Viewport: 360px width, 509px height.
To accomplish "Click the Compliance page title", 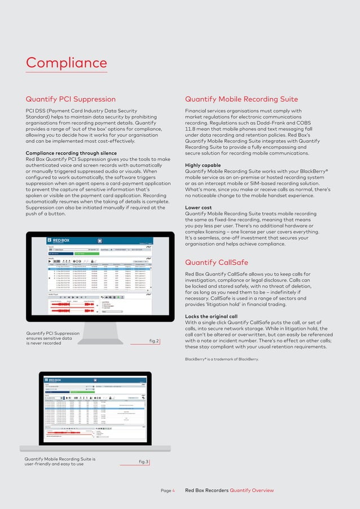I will tap(66, 63).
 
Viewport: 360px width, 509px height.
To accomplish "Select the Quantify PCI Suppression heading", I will tap(71, 99).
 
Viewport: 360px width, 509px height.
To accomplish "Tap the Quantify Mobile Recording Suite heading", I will tap(242, 99).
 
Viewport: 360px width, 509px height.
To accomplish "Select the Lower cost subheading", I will tap(199, 208).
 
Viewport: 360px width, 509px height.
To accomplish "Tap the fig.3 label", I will tap(143, 462).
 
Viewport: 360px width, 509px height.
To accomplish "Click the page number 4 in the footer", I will tap(173, 491).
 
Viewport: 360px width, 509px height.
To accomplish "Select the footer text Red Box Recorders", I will tap(207, 491).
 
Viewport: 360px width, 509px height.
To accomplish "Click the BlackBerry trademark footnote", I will tap(222, 359).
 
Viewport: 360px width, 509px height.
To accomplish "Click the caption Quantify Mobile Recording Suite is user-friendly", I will tap(59, 462).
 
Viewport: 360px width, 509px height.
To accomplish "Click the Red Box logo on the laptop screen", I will tap(55, 379).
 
